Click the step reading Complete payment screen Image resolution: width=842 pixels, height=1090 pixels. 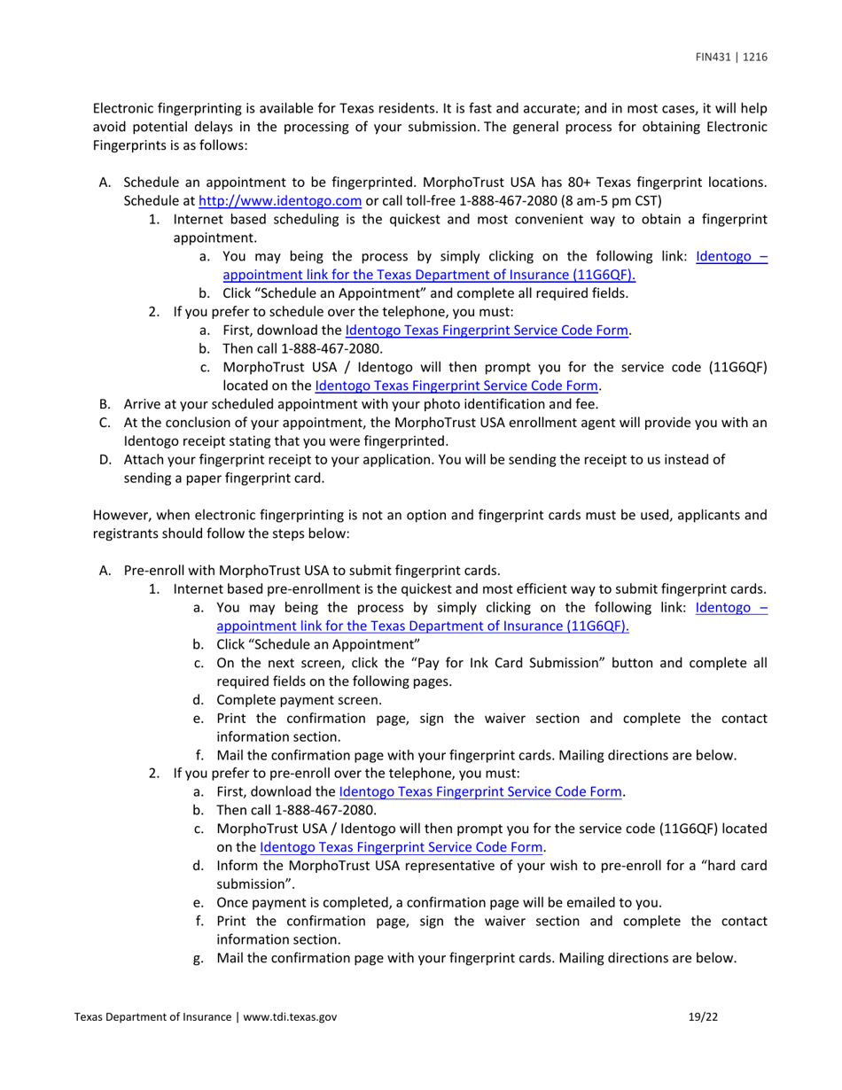coord(300,700)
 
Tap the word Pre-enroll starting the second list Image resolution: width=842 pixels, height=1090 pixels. coord(153,571)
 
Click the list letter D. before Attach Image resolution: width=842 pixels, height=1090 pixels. coord(105,459)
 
